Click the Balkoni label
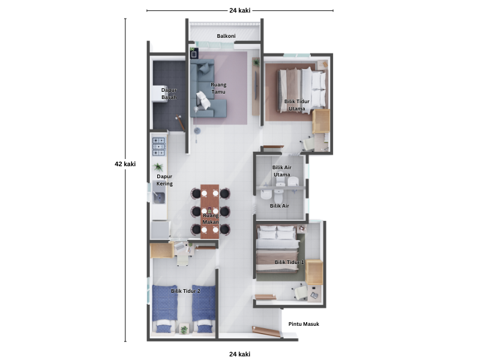click(x=226, y=36)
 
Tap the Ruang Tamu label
click(x=218, y=88)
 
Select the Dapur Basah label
click(x=169, y=94)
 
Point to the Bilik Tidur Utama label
click(x=296, y=105)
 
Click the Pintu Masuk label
click(x=304, y=324)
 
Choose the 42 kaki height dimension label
click(x=125, y=164)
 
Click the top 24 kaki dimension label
click(x=239, y=10)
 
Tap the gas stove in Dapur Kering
click(x=158, y=146)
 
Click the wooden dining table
click(x=209, y=211)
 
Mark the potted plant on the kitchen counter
click(x=158, y=167)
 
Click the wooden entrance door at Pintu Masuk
click(x=266, y=332)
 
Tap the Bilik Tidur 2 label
click(x=185, y=291)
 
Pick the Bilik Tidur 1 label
click(x=289, y=262)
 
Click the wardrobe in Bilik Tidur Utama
click(x=321, y=121)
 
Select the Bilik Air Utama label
click(x=281, y=171)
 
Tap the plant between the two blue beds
click(x=184, y=329)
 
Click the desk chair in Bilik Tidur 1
click(x=301, y=292)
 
